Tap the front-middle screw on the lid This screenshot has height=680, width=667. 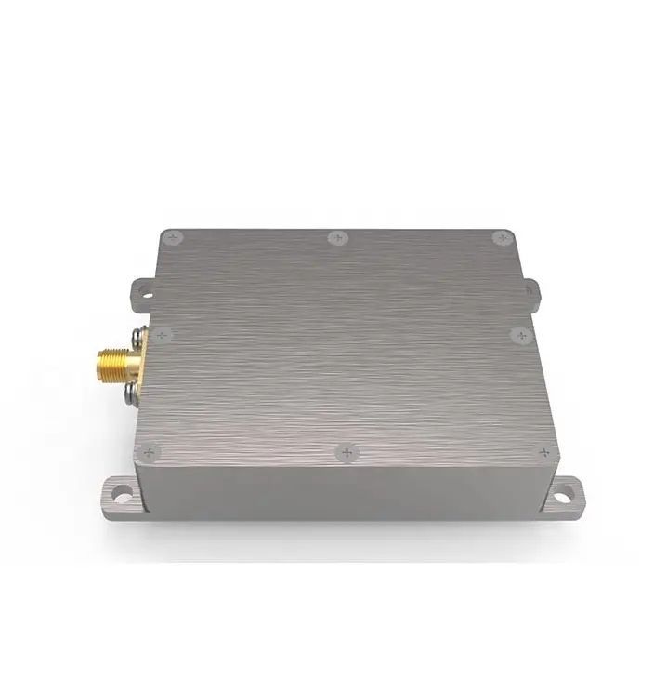(346, 453)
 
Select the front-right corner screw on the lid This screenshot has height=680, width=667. (543, 453)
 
